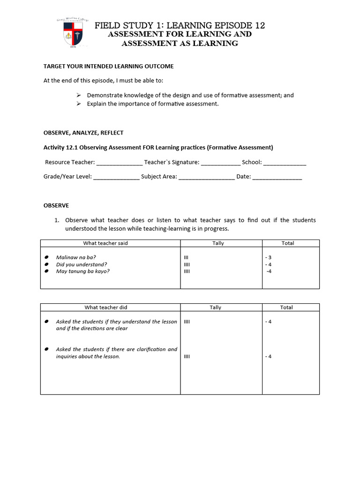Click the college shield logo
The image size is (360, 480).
click(x=75, y=33)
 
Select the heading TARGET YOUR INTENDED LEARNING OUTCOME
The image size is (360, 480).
click(x=108, y=67)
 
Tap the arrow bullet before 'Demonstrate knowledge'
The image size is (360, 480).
click(x=79, y=95)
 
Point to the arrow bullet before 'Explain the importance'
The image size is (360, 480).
click(x=79, y=104)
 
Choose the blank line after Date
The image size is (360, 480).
click(x=277, y=177)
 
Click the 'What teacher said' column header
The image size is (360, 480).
click(x=105, y=243)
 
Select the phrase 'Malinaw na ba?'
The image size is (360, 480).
click(x=73, y=257)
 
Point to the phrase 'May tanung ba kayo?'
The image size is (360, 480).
click(x=82, y=271)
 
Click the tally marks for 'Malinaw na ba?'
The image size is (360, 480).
click(x=187, y=257)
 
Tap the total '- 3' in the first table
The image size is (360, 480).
click(x=268, y=257)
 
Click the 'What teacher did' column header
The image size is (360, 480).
click(x=105, y=307)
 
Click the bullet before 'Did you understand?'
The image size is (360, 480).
click(x=47, y=264)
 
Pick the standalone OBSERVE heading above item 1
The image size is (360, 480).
click(x=56, y=205)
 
